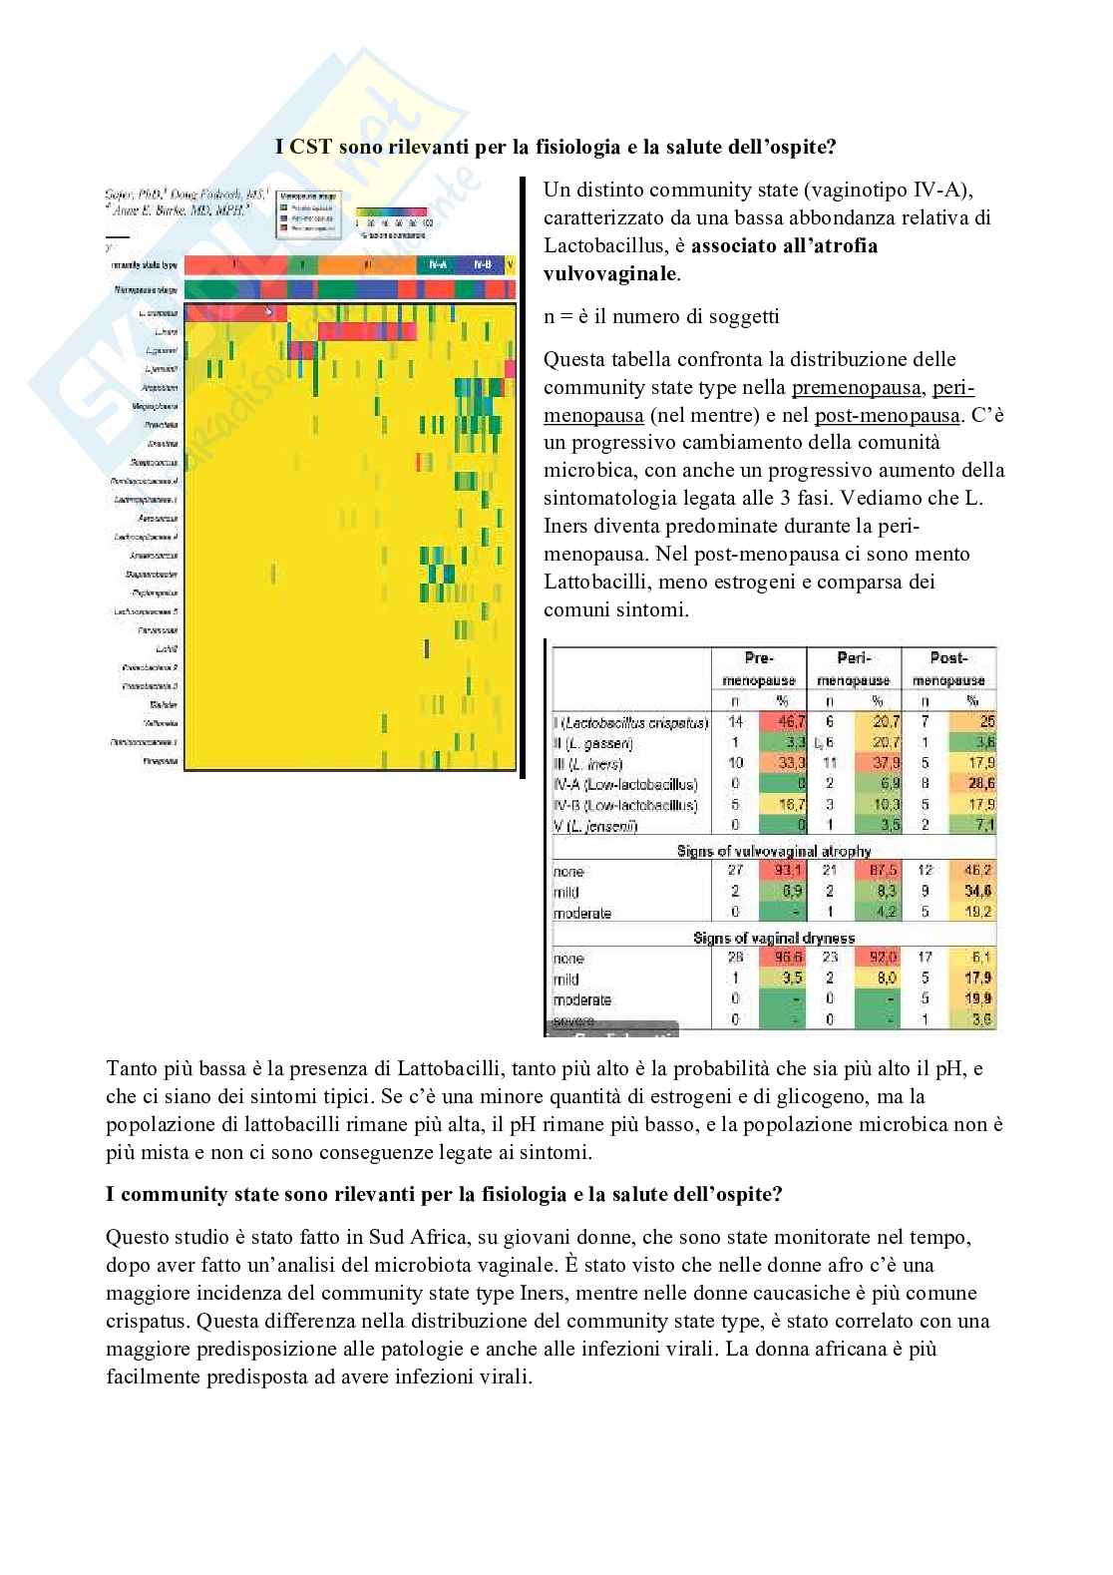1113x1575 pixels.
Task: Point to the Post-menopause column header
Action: (x=948, y=668)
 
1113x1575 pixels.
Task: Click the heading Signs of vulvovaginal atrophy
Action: (x=773, y=851)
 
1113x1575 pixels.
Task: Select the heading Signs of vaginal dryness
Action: (x=773, y=938)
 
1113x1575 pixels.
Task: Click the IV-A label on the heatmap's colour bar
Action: (x=437, y=264)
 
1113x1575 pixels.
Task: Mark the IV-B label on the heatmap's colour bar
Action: (x=483, y=264)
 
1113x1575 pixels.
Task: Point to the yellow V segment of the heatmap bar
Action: (x=511, y=264)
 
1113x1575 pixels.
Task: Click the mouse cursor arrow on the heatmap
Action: (x=268, y=310)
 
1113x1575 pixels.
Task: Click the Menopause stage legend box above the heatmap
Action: (x=309, y=213)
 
